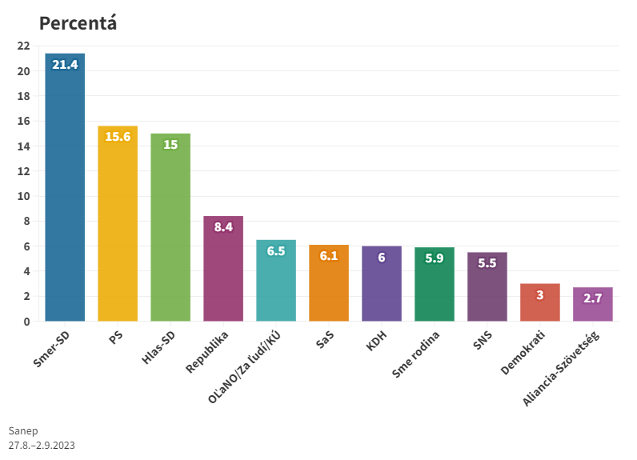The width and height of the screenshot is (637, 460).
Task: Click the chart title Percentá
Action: tap(78, 23)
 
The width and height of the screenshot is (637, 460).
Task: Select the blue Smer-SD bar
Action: tap(65, 192)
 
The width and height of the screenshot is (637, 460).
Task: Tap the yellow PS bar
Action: tap(118, 228)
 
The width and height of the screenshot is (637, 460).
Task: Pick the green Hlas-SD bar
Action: tap(170, 232)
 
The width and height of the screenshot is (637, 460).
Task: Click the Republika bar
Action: tap(223, 272)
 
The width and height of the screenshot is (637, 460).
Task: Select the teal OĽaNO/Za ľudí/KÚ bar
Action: tap(276, 284)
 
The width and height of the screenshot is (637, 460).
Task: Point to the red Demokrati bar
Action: tap(540, 304)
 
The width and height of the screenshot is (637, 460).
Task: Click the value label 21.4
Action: tap(65, 64)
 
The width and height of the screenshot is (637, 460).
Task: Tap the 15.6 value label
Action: tap(118, 137)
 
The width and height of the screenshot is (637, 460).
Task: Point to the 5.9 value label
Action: tap(435, 258)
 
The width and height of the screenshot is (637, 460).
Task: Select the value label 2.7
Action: tap(593, 298)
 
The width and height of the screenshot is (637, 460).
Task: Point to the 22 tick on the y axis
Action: tap(24, 46)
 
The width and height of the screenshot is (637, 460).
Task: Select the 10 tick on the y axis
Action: tap(24, 196)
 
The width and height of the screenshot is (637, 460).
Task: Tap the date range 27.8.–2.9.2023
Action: tap(42, 445)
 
